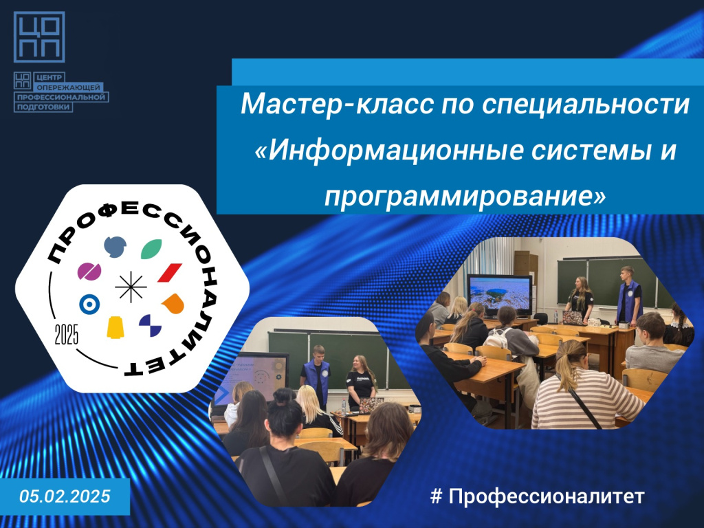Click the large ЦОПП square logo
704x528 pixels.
click(x=39, y=37)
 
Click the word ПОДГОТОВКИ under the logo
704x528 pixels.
click(x=43, y=107)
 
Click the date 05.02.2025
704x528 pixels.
click(x=65, y=496)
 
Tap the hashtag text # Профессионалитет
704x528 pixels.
click(x=537, y=496)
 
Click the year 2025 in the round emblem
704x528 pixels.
click(x=67, y=334)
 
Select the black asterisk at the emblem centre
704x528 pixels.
click(x=131, y=287)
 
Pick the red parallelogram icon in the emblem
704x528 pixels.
click(x=170, y=272)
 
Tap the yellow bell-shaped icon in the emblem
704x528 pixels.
click(x=115, y=327)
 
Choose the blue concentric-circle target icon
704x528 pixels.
click(x=89, y=305)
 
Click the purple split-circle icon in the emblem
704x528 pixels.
click(x=89, y=272)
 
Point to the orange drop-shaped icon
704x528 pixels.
click(x=173, y=304)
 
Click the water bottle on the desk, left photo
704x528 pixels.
click(x=344, y=406)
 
